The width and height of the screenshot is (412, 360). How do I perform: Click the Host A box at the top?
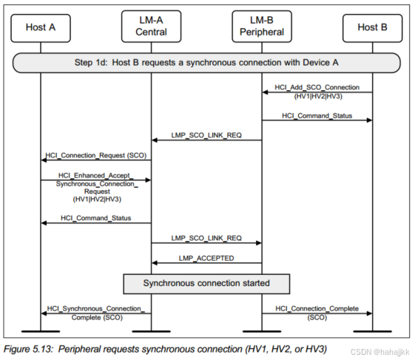click(x=40, y=27)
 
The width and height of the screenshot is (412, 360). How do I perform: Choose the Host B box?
click(x=372, y=27)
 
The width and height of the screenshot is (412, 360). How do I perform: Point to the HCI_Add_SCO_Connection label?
click(x=317, y=87)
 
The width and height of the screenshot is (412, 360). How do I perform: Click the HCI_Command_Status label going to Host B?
click(x=317, y=115)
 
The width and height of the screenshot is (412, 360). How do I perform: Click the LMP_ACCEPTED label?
click(x=206, y=257)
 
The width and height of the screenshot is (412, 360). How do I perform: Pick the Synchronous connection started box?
click(x=206, y=282)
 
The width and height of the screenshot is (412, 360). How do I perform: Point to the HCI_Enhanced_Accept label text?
click(x=96, y=175)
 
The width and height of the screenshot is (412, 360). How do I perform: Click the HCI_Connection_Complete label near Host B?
click(x=317, y=308)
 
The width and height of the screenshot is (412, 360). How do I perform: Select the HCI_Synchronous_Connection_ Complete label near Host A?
click(x=96, y=313)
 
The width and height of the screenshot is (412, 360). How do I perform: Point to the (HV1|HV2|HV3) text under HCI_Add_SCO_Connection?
click(x=317, y=97)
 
